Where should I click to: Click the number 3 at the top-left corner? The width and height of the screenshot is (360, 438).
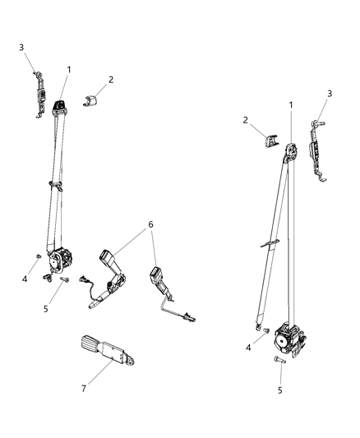pos(21,48)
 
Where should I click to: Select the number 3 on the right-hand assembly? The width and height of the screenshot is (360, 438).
pos(330,95)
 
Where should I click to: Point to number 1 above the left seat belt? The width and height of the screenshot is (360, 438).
pos(68,70)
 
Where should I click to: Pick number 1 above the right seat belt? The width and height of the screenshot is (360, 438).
pos(290,105)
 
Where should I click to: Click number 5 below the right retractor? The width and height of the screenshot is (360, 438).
pos(279,390)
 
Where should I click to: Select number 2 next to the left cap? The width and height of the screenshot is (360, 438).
pos(111,80)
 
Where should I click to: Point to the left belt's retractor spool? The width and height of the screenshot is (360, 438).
pos(61,260)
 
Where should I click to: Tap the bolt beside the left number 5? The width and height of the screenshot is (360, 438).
pos(63,280)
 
